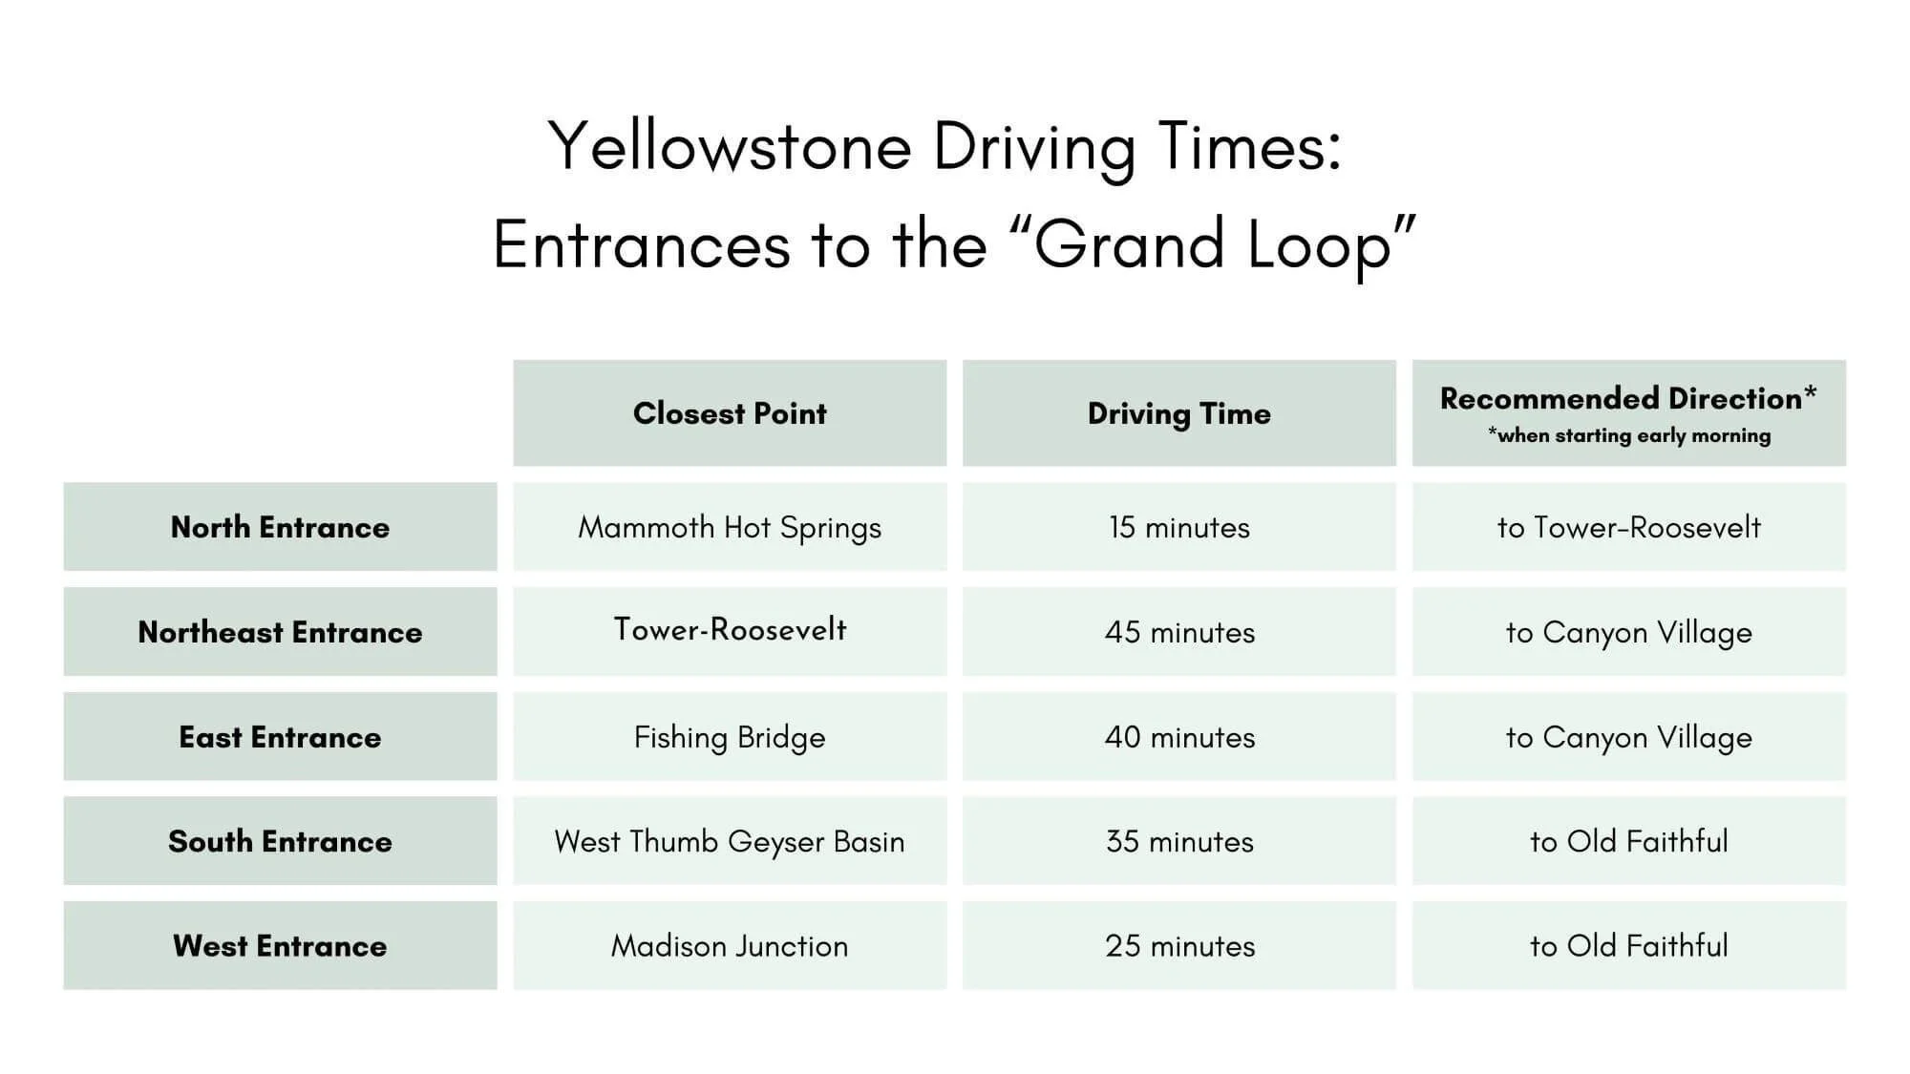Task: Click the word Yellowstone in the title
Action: [x=731, y=148]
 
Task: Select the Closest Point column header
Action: [x=730, y=413]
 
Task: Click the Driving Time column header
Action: [x=1178, y=413]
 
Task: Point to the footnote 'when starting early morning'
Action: [x=1628, y=436]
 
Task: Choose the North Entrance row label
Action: [x=280, y=527]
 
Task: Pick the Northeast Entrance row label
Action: [x=280, y=632]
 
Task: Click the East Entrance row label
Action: [x=280, y=737]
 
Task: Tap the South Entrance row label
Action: [x=280, y=841]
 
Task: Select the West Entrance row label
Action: [x=280, y=946]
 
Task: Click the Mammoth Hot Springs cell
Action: [x=730, y=527]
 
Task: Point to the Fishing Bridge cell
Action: [x=730, y=737]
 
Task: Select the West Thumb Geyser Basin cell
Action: [x=730, y=841]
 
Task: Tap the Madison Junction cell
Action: [x=730, y=946]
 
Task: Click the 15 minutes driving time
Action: [x=1178, y=527]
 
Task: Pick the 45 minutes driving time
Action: [x=1178, y=632]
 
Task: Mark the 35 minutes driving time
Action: [x=1178, y=841]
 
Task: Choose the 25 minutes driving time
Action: [x=1178, y=946]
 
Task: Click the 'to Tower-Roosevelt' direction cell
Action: [x=1628, y=527]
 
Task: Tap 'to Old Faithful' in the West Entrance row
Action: [x=1628, y=946]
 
